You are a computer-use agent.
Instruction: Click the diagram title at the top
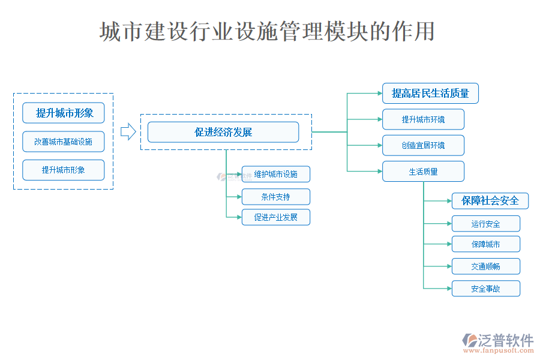[268, 32]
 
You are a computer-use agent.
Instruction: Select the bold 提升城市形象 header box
[63, 113]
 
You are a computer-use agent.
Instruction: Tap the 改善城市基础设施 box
[63, 142]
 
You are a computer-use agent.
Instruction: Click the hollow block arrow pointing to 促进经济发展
[128, 132]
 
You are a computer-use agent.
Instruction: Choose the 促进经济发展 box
[223, 132]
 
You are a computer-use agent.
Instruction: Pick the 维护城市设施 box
[276, 174]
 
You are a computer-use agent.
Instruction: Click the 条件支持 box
[276, 196]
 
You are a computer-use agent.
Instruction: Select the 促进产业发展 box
[276, 217]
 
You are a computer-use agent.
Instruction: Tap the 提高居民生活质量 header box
[430, 93]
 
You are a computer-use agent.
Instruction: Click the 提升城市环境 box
[423, 119]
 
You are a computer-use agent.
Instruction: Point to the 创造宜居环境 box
[423, 145]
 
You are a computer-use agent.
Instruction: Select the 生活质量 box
[423, 172]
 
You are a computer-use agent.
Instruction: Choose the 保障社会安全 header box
[490, 200]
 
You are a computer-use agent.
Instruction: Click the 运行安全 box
[485, 224]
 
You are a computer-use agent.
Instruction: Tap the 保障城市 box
[485, 244]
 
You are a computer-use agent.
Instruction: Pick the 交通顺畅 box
[485, 266]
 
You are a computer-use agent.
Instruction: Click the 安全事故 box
[485, 289]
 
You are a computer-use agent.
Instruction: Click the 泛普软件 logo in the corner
[497, 340]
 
